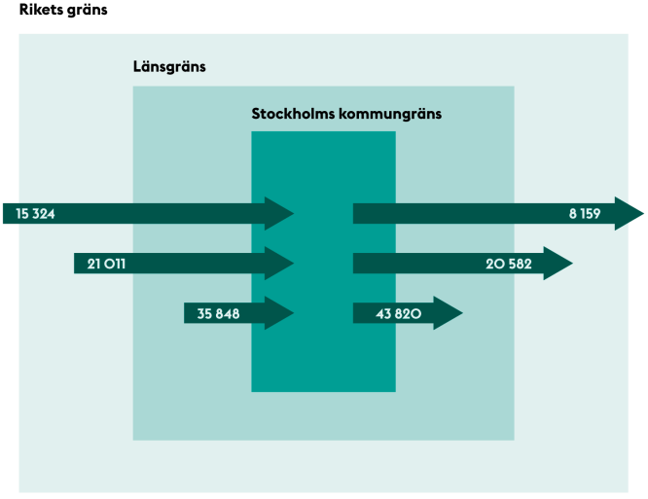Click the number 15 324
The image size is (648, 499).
35,214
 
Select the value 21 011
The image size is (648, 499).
106,264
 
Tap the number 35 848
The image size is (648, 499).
218,313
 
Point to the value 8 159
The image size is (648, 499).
585,214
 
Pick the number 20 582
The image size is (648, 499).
509,264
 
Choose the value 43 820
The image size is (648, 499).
398,313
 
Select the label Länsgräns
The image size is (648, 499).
169,67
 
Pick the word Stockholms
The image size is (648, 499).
293,114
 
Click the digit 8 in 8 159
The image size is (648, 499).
573,214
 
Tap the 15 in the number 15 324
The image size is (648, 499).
21,214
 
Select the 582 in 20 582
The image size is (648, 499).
521,264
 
